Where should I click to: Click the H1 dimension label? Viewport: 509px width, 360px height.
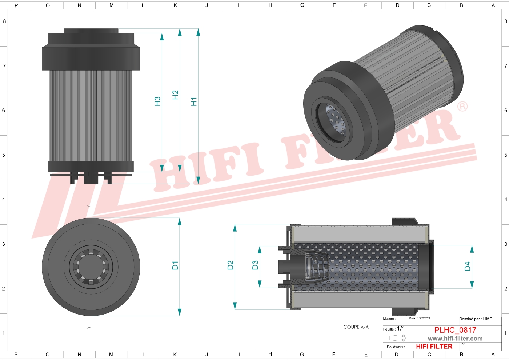[194, 102]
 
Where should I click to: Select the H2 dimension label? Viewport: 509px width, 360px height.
[175, 95]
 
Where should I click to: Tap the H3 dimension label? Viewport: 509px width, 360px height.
[157, 101]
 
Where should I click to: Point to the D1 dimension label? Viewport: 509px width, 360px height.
[175, 265]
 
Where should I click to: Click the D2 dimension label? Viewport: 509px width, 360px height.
[230, 265]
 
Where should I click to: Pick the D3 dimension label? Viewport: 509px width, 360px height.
[255, 265]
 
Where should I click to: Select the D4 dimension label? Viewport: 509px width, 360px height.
[468, 267]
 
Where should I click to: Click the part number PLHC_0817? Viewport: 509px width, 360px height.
[455, 330]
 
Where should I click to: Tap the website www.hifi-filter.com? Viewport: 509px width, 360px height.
[455, 339]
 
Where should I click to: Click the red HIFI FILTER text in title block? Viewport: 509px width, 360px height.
[434, 347]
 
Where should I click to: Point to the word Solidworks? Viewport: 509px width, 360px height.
[396, 347]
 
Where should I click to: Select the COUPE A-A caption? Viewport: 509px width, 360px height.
[356, 327]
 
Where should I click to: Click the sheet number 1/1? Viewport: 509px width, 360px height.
[401, 328]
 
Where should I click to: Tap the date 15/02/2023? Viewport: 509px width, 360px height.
[424, 319]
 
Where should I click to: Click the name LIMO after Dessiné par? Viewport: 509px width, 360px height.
[488, 319]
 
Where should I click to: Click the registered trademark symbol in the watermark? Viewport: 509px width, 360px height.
[462, 107]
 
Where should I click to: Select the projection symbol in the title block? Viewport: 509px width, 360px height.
[398, 338]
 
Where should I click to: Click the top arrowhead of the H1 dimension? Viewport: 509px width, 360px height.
[198, 32]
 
